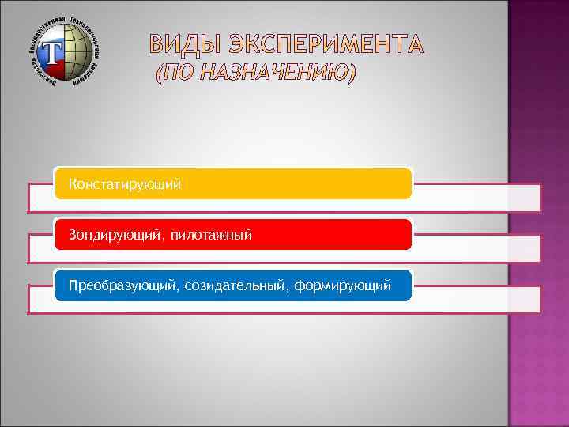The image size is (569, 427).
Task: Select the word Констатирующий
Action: click(x=125, y=184)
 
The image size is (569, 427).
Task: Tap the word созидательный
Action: click(x=235, y=285)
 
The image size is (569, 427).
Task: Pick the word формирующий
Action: click(x=342, y=285)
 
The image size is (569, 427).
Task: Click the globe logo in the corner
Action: click(x=67, y=51)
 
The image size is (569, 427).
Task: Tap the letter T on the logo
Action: click(x=52, y=54)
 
